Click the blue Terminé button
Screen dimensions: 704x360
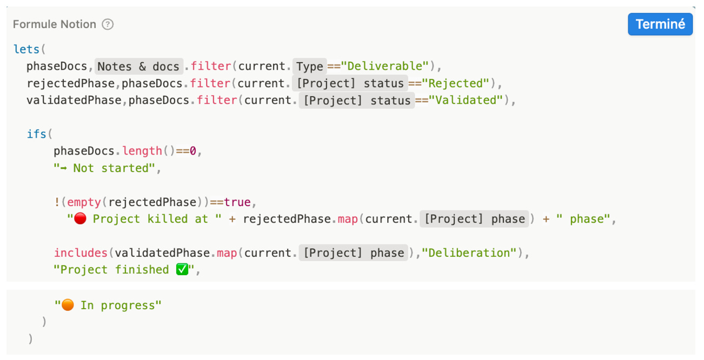coord(660,24)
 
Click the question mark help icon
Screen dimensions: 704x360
coord(108,24)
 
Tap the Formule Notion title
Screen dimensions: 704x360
coord(54,24)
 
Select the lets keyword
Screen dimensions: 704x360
coord(26,49)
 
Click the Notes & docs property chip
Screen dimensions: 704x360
coord(138,66)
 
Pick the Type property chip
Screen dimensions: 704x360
coord(310,66)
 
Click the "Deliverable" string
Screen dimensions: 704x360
coord(385,66)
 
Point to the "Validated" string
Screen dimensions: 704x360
coord(465,100)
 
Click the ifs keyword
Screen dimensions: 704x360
coord(37,134)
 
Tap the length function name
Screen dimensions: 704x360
coord(142,151)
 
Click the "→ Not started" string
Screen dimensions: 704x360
coord(107,168)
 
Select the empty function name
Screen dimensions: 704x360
coord(84,202)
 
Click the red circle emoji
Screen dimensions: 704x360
coord(80,219)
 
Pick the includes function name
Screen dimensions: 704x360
coord(81,252)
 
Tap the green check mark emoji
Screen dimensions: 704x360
coord(182,269)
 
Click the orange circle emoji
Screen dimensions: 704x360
coord(68,305)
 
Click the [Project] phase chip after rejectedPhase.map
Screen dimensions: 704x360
coord(474,219)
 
